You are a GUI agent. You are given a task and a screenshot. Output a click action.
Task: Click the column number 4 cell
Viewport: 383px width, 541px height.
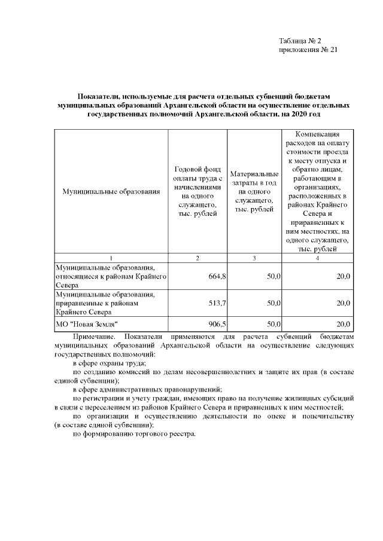coord(317,258)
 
